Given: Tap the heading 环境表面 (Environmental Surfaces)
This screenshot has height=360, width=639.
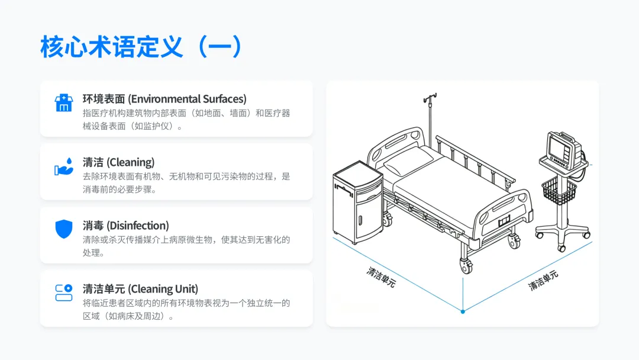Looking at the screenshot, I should (164, 99).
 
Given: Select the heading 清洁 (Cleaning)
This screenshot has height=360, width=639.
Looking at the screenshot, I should (118, 162).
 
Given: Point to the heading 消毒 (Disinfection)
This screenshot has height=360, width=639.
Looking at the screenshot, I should (125, 226).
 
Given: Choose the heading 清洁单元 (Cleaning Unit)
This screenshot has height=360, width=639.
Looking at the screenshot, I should (140, 289).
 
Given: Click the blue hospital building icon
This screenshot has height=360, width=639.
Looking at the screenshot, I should (64, 103).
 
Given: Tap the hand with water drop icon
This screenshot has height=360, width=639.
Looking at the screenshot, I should (64, 166).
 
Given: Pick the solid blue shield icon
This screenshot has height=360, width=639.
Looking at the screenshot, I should (64, 229).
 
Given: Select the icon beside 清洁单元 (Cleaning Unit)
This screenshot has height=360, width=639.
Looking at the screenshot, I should (64, 292).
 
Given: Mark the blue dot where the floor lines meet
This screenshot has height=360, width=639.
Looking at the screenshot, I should (463, 311).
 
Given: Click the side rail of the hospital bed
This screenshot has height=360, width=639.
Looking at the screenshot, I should (473, 160).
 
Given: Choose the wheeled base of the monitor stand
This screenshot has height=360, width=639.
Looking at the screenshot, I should (562, 230).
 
